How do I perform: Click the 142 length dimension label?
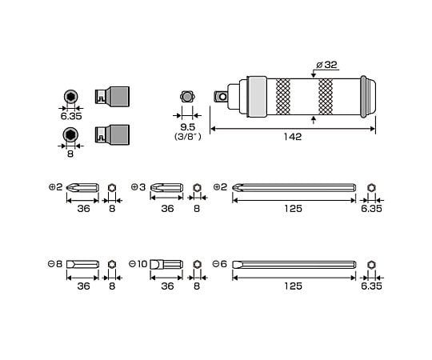[293, 137]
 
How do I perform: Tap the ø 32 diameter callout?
[326, 65]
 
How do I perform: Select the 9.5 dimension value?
[188, 127]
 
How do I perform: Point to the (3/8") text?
[188, 136]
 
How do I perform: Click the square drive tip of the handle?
[222, 97]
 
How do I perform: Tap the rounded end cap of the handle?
[368, 97]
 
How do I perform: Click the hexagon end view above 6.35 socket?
[71, 97]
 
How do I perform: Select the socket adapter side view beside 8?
[112, 134]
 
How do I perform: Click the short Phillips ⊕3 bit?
[166, 187]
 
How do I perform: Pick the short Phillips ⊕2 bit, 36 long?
[82, 187]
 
